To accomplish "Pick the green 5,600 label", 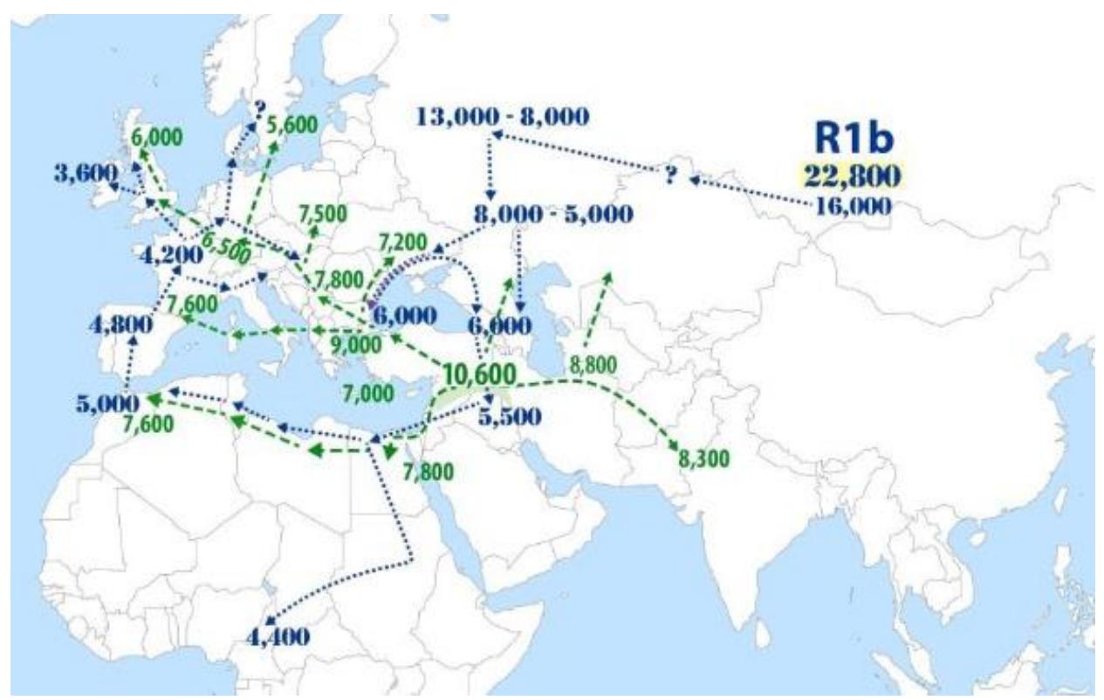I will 291,124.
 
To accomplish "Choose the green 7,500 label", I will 322,212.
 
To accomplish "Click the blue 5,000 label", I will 107,405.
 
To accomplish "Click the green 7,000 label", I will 369,393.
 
